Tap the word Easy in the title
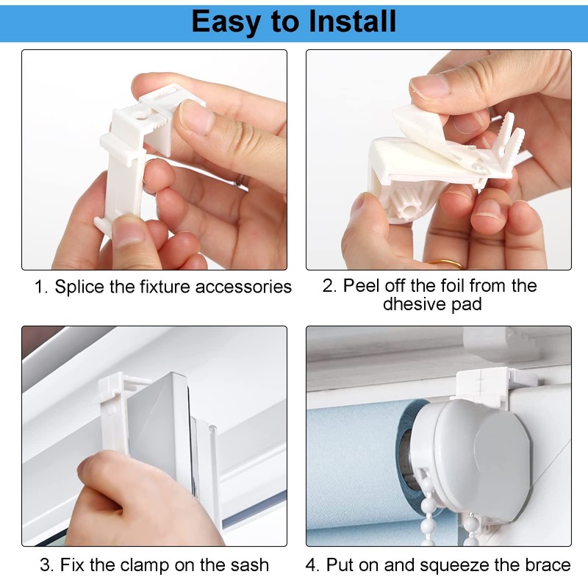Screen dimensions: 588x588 (x=229, y=21)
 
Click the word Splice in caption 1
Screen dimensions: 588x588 (x=79, y=286)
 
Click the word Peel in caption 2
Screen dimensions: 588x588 (x=359, y=285)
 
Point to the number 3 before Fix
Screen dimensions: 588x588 (x=45, y=564)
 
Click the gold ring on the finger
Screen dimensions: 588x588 (x=445, y=263)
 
